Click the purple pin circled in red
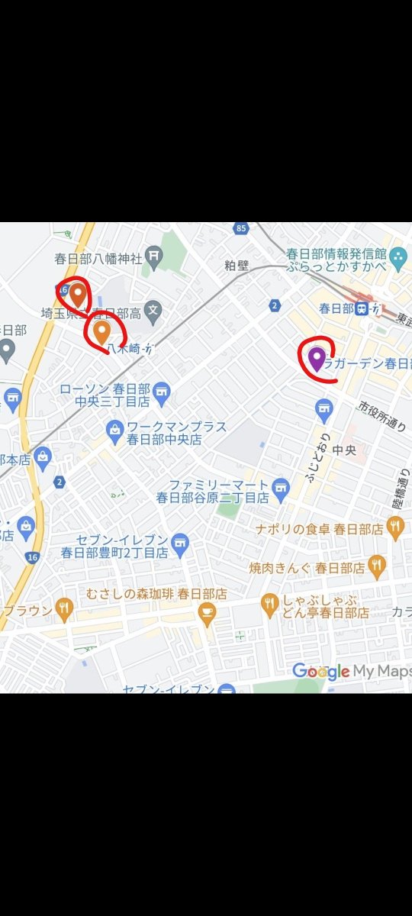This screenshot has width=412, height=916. (317, 357)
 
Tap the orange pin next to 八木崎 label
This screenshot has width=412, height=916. (101, 331)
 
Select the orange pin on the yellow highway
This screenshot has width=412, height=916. (78, 292)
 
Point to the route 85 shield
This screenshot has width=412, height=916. (242, 228)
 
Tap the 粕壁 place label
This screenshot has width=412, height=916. (237, 266)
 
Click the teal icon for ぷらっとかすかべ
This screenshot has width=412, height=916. (397, 260)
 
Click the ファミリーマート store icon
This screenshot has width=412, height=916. (282, 485)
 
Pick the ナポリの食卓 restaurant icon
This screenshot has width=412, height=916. (394, 526)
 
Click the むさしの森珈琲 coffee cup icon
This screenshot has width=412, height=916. (206, 611)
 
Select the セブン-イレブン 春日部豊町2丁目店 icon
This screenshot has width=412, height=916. (180, 541)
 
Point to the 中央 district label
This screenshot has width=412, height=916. (344, 450)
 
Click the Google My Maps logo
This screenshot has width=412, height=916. (351, 672)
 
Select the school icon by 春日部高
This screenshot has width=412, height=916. (153, 311)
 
